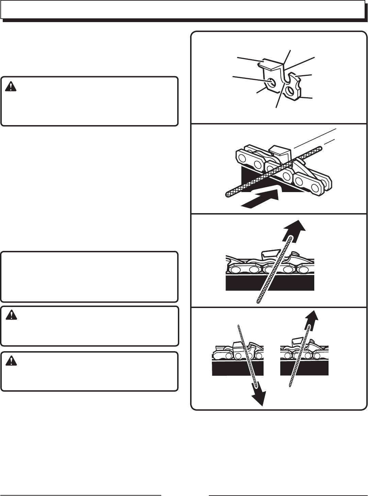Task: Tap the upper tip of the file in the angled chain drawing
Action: tap(320, 148)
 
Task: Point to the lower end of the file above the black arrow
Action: tap(228, 195)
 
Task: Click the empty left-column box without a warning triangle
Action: tap(89, 277)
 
